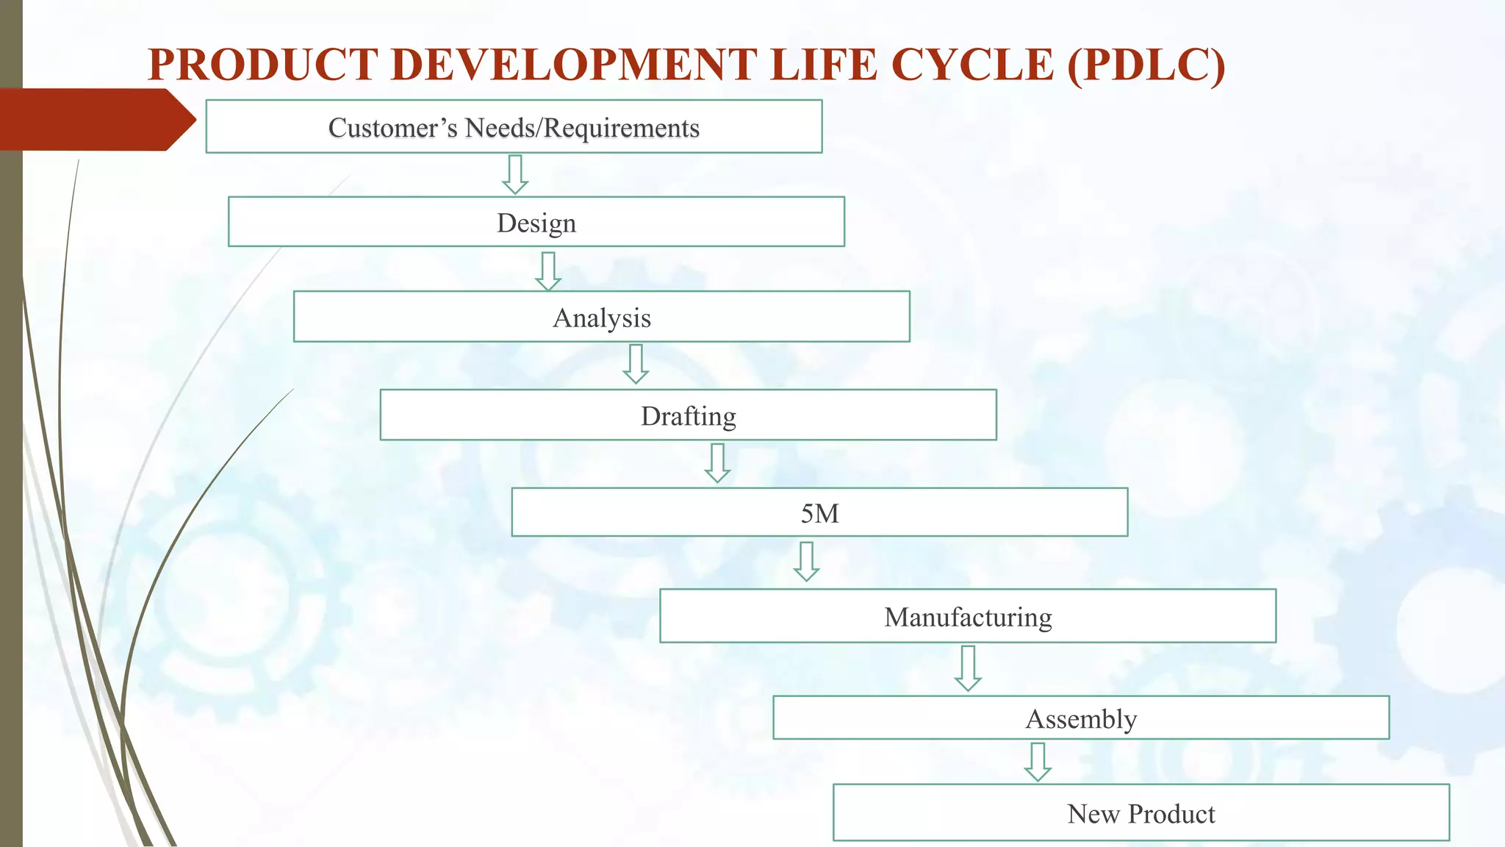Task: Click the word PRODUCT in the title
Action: (x=263, y=65)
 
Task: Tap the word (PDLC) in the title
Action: (x=1146, y=65)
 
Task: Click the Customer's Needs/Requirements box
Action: (x=514, y=127)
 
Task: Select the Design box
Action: (x=536, y=222)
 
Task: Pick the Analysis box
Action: (x=602, y=317)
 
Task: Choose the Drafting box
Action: (x=689, y=415)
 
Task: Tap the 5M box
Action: (x=819, y=512)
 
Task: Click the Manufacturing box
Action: (x=968, y=616)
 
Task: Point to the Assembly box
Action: (x=1081, y=718)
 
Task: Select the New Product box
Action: (x=1141, y=813)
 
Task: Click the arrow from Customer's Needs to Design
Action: (x=515, y=175)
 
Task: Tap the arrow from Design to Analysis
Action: (x=548, y=271)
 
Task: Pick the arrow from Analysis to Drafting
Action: (x=636, y=364)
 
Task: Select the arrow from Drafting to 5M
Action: (x=717, y=463)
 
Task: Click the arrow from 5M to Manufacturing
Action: (x=806, y=562)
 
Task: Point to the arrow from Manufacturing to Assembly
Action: (x=968, y=668)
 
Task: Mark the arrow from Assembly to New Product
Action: (x=1038, y=762)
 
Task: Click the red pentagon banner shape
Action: (x=96, y=120)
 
